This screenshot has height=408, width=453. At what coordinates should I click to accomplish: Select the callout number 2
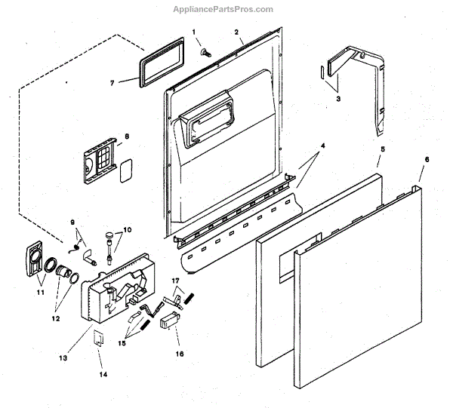236,32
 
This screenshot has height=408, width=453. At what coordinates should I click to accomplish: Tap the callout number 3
337,99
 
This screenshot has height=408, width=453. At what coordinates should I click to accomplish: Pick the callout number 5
382,150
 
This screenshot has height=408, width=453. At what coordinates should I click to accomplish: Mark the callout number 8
127,136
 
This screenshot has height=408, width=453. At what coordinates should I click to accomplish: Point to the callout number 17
176,281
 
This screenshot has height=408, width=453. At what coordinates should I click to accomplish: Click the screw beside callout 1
205,51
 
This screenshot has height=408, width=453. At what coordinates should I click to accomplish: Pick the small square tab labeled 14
99,338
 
